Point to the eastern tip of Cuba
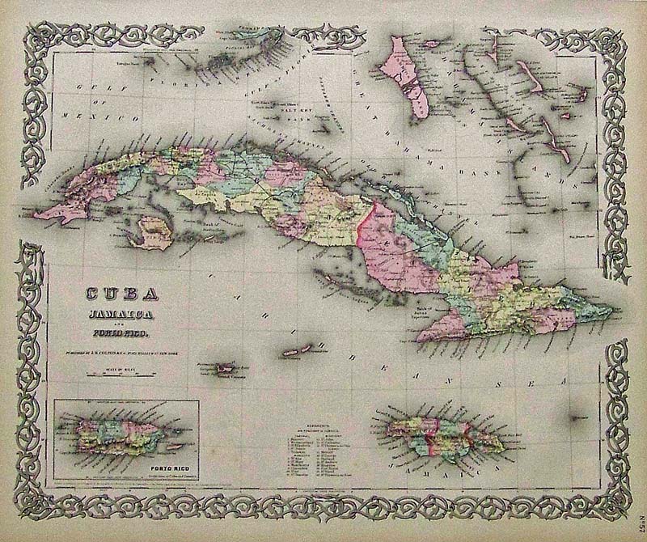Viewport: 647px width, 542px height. click(611, 308)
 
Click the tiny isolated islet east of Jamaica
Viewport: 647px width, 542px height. click(577, 417)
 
